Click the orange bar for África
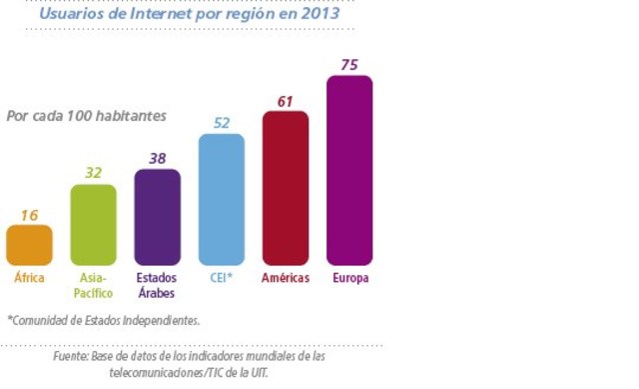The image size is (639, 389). [x=29, y=245]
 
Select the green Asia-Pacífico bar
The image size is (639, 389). [x=93, y=225]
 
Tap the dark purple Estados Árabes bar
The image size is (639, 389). [x=157, y=217]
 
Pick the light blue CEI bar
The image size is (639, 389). [x=221, y=200]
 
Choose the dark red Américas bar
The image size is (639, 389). [x=286, y=188]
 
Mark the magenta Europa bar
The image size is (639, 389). [x=349, y=170]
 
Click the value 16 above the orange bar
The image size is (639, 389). [x=29, y=214]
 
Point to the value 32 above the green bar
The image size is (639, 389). [x=93, y=173]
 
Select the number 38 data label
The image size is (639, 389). [x=157, y=158]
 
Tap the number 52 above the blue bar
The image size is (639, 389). [x=221, y=122]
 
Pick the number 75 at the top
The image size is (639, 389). [x=349, y=64]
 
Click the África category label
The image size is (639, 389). [x=29, y=278]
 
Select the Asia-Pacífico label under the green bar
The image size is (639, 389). [x=94, y=285]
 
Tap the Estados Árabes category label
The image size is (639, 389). [x=157, y=285]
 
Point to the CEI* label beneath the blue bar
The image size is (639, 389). [x=221, y=278]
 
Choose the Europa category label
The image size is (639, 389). [x=349, y=278]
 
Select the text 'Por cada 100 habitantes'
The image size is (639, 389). [x=87, y=116]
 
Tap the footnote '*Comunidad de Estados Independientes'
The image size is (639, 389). [x=104, y=321]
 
